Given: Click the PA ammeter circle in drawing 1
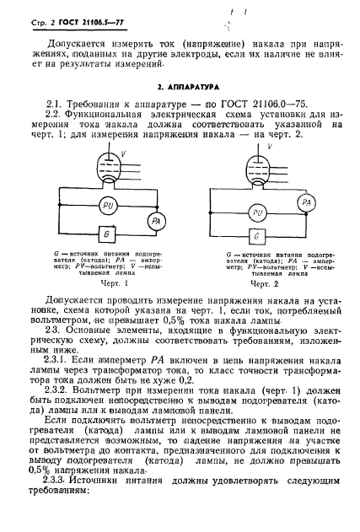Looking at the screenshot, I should point(154,220).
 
